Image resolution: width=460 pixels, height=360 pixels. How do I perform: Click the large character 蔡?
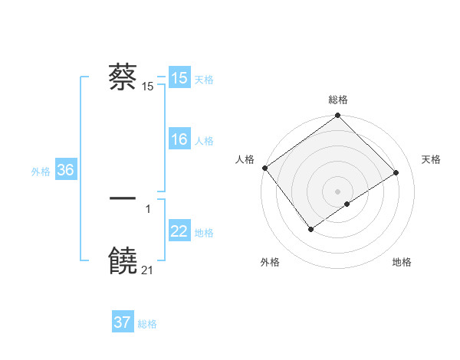tap(123, 77)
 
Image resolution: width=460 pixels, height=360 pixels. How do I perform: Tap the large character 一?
tap(123, 198)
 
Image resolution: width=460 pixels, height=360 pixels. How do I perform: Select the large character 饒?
tap(123, 261)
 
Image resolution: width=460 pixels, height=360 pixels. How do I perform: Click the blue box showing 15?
tap(179, 78)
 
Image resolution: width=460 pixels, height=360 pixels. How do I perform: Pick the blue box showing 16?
tap(179, 139)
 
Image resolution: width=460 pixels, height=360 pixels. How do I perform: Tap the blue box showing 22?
tap(179, 231)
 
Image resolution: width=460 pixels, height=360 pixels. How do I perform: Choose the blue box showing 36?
tap(65, 170)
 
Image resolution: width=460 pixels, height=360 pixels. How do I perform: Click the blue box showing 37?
tap(122, 322)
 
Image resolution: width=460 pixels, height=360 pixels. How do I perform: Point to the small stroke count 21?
tap(148, 270)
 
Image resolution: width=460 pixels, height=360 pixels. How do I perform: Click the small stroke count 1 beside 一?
tap(148, 208)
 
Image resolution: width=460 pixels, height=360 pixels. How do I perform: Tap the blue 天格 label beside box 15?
tap(204, 79)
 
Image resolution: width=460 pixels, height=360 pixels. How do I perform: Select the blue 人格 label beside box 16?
tap(204, 140)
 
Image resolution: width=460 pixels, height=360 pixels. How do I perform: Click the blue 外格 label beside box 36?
tap(41, 172)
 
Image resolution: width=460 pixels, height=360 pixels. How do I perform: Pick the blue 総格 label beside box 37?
tap(147, 324)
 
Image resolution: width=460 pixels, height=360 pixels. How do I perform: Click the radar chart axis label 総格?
tap(337, 100)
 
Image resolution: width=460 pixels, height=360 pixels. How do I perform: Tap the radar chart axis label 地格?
tap(402, 262)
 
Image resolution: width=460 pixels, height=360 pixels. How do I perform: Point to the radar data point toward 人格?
tap(264, 168)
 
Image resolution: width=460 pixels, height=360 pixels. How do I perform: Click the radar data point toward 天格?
tap(396, 172)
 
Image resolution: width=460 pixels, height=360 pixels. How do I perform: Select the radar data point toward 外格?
tap(310, 228)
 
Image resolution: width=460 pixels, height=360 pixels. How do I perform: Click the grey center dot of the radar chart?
tap(337, 191)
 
